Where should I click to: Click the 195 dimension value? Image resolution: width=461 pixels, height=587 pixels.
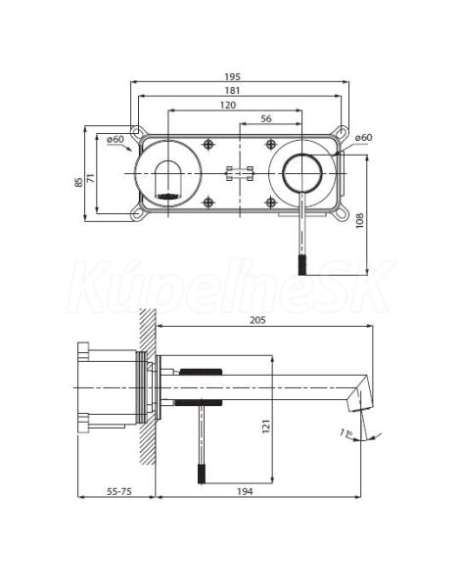click(x=232, y=76)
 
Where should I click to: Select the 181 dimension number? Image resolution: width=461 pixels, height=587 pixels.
click(x=232, y=91)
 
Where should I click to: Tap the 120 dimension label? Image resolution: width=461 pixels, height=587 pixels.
click(x=228, y=106)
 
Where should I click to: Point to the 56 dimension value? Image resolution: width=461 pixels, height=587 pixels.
click(x=266, y=119)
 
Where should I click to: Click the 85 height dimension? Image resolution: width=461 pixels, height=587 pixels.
click(x=78, y=182)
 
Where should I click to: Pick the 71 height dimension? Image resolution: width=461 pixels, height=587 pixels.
click(x=91, y=178)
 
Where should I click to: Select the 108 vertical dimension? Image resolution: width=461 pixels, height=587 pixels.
click(x=359, y=221)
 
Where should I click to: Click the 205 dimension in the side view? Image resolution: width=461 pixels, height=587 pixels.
click(x=257, y=320)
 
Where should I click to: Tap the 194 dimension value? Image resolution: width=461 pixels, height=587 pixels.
click(x=245, y=491)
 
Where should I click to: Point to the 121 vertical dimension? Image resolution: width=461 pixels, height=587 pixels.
click(x=266, y=427)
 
